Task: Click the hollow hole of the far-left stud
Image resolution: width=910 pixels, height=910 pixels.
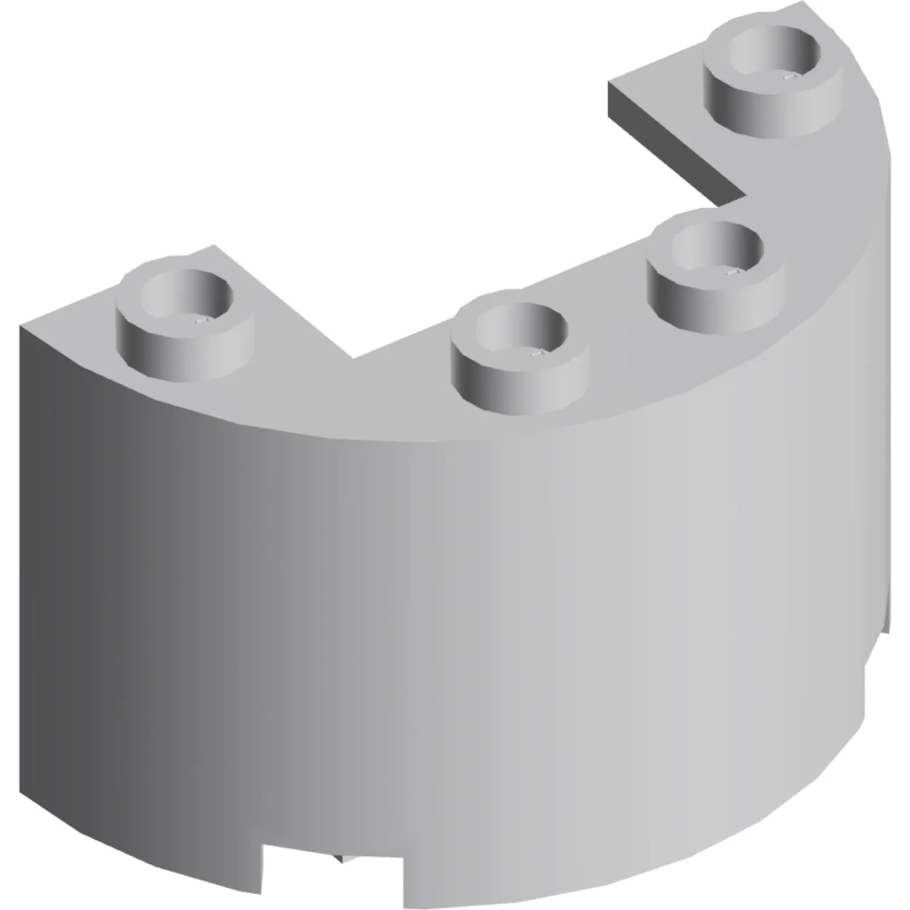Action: (187, 293)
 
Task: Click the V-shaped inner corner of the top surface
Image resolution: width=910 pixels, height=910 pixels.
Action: (353, 358)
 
